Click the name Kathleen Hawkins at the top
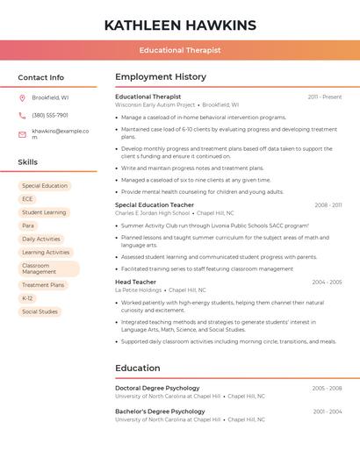tap(180, 25)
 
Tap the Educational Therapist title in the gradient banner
tap(180, 51)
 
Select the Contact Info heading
tap(41, 77)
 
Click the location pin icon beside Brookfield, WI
tap(23, 97)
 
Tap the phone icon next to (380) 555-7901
tap(23, 115)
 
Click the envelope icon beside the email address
tap(23, 134)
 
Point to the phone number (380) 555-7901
tap(50, 115)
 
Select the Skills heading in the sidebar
tap(28, 162)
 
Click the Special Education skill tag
tap(45, 186)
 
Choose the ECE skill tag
tap(27, 199)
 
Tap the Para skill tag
tap(28, 225)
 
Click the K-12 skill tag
tap(27, 298)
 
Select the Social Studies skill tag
tap(40, 311)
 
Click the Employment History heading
tap(161, 77)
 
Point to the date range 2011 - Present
tap(325, 97)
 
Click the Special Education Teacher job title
tap(155, 204)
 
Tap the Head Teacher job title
tap(135, 282)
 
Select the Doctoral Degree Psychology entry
tap(157, 388)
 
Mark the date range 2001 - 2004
tap(327, 411)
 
